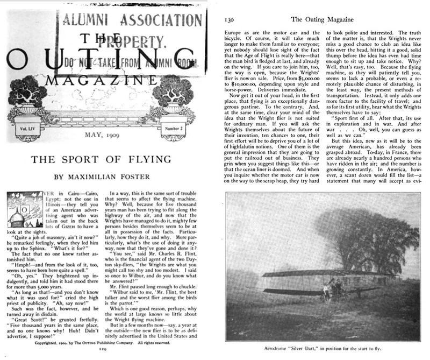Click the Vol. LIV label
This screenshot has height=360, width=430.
click(x=28, y=115)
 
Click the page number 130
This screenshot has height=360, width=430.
click(x=227, y=19)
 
